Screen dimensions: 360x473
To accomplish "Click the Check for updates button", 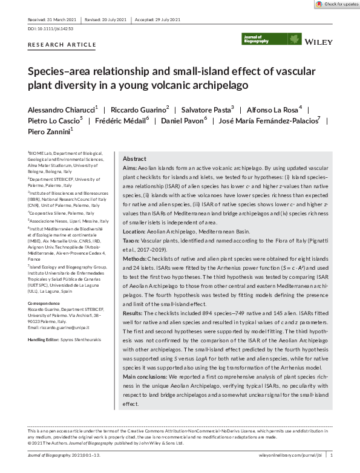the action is [337, 4].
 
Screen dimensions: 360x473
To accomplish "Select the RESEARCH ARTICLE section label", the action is [62, 45].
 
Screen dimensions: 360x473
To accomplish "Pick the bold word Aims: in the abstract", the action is [129, 167].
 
